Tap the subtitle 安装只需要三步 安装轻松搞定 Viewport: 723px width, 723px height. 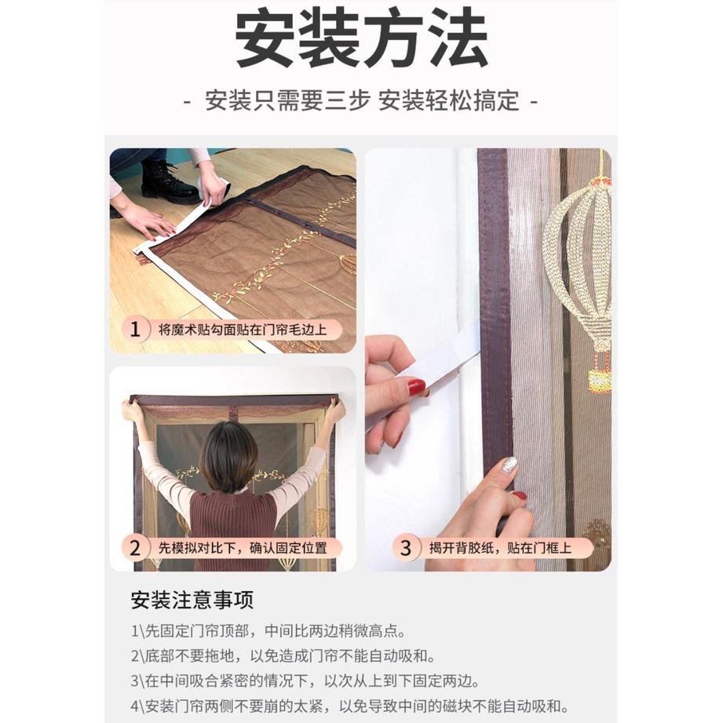[362, 100]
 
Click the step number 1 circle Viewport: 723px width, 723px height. [135, 329]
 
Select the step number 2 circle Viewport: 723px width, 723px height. [135, 548]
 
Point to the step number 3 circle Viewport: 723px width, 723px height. [405, 548]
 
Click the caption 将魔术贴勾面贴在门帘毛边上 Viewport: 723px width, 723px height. [243, 330]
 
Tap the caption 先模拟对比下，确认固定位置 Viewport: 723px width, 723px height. [243, 548]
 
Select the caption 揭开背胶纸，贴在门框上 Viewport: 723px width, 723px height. [500, 548]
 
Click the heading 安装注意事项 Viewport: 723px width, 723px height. [192, 601]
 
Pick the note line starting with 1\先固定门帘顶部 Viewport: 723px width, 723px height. [268, 630]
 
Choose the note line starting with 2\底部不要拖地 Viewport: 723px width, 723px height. [283, 655]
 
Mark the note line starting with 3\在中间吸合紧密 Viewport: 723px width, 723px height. [305, 681]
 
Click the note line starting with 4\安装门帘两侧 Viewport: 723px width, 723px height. [350, 706]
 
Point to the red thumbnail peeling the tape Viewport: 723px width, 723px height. [416, 387]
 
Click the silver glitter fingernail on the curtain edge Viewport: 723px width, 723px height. [509, 464]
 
